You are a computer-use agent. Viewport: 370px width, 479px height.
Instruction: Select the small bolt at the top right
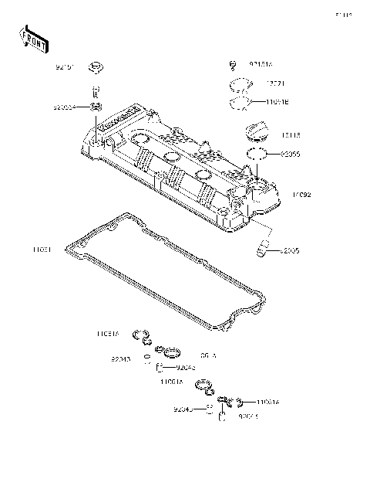coord(232,65)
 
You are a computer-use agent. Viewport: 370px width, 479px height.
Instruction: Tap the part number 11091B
coord(278,102)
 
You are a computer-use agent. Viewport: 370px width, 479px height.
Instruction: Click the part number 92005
coord(289,250)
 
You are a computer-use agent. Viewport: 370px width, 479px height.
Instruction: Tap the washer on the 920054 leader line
coord(96,107)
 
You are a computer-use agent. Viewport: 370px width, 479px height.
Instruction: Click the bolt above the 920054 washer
coord(97,91)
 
